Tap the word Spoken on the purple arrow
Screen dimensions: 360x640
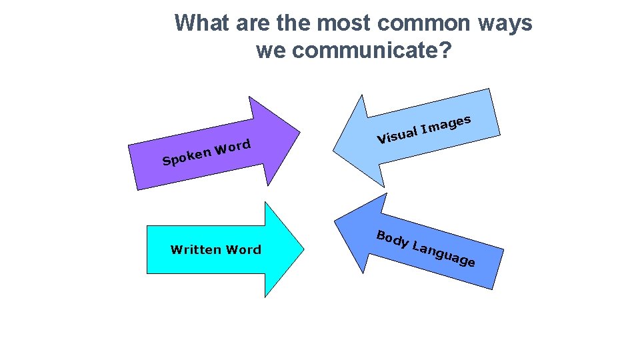coord(185,157)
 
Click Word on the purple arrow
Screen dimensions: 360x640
coord(232,147)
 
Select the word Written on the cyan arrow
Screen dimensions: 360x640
coord(195,250)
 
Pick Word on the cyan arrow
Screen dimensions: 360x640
coord(243,250)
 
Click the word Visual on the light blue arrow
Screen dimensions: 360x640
coord(397,134)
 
